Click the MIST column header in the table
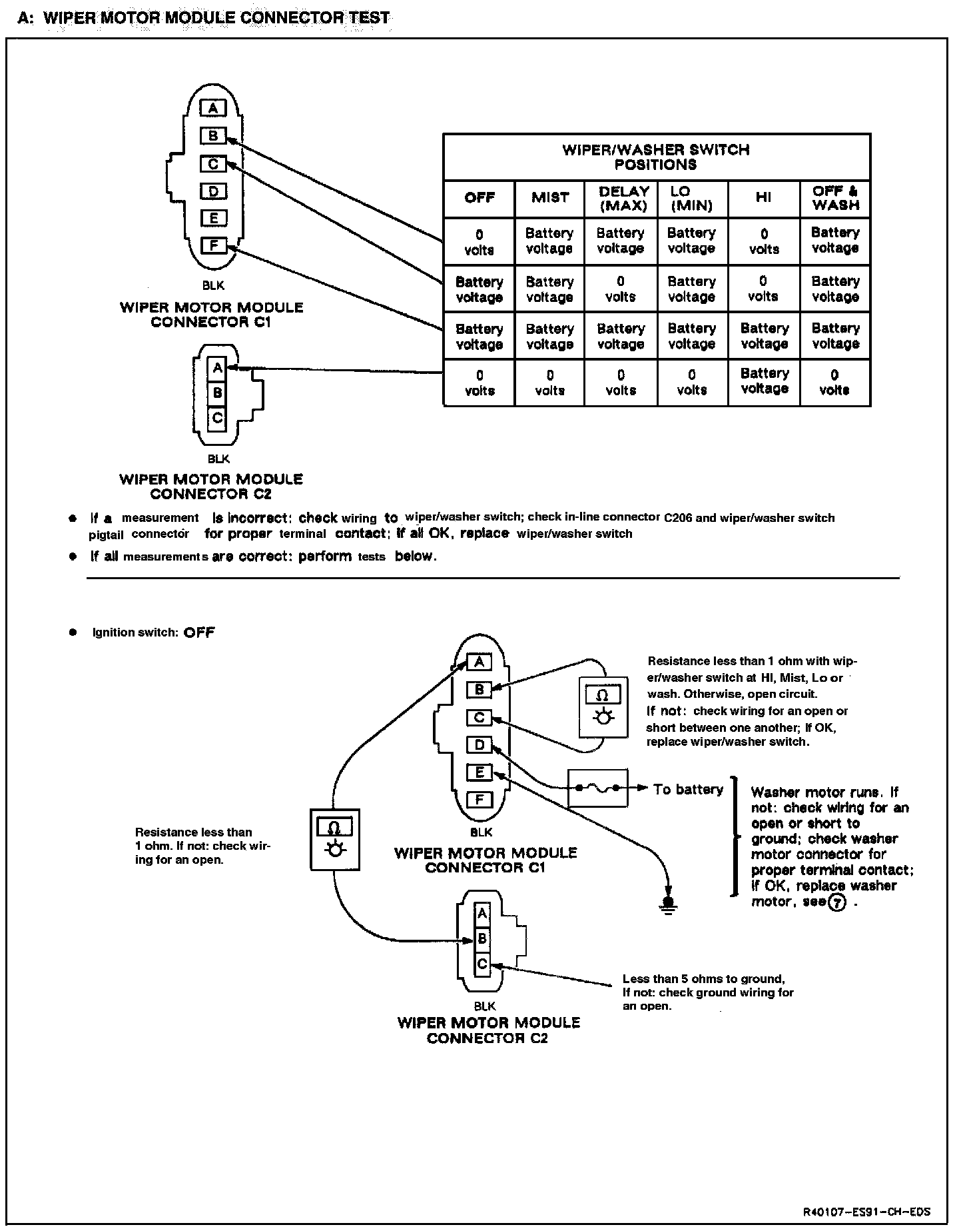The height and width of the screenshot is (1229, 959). pos(550,198)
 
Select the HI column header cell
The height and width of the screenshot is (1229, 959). pos(763,198)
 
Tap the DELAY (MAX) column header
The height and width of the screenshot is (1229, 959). pos(622,199)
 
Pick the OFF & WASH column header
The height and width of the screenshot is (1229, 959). pos(835,199)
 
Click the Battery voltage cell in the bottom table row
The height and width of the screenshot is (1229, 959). pos(764,382)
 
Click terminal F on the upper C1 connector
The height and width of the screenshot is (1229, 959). pos(214,245)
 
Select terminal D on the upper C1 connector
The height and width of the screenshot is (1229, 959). pos(214,191)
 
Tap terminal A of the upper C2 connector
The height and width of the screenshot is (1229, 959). pos(217,367)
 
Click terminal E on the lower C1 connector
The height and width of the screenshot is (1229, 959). pos(479,772)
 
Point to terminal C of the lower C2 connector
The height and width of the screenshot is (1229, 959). pos(483,964)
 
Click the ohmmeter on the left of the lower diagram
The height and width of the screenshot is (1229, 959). pos(335,839)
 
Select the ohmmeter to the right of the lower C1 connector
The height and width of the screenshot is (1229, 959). pos(603,707)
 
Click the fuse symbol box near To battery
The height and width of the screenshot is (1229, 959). pos(597,788)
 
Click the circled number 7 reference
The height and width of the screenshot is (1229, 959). pos(836,902)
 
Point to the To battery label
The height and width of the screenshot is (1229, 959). pos(688,790)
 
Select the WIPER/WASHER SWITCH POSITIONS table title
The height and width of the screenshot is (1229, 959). pos(656,157)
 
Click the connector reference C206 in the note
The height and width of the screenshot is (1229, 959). pos(678,518)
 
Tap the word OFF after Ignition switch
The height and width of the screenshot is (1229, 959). pos(199,632)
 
